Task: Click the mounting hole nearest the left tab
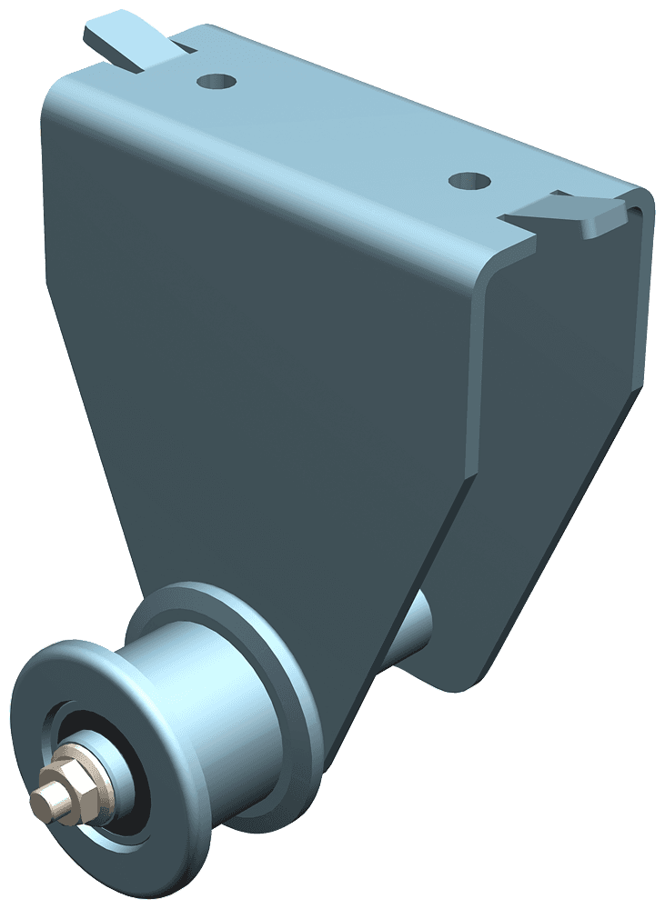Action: tap(217, 82)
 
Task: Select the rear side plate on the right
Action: tap(546, 454)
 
